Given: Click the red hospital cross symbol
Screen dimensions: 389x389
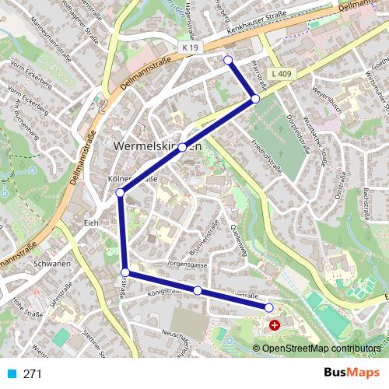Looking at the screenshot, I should (274, 324).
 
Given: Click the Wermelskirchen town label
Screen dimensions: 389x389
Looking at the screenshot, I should (158, 146).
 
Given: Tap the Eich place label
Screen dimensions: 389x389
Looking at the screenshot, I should (91, 223).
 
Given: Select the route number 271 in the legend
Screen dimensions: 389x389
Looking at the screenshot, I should (32, 373).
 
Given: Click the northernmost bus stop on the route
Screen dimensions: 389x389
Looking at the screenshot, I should (228, 60).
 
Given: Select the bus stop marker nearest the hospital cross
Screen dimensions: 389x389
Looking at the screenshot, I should (269, 309).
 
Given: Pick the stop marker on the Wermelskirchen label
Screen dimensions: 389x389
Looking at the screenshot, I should (182, 147).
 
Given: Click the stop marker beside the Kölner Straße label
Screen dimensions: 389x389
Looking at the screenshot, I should (120, 192).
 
